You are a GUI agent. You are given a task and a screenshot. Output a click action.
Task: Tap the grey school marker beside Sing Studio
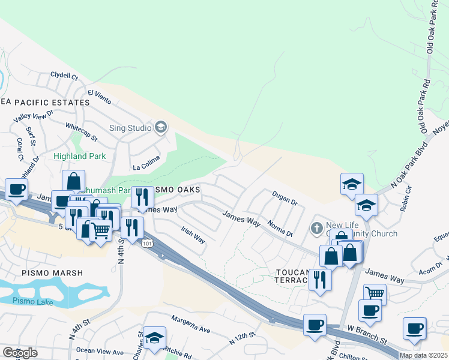coord(160,127)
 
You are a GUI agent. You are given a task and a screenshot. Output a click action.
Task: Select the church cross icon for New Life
coord(318,228)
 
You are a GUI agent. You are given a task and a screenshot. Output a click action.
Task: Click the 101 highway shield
coord(148,242)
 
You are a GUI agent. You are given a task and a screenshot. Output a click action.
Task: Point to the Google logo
coord(20,353)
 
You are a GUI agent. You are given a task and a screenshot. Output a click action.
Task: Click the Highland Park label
coord(79,156)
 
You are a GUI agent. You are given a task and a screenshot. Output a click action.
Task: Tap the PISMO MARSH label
coord(44,273)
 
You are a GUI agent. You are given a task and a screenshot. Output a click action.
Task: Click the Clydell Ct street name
coord(64,77)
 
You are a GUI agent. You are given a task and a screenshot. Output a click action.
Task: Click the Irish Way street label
coord(193,234)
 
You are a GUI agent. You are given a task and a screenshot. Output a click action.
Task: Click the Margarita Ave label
coord(190,325)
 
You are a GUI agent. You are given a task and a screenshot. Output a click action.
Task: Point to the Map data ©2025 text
coord(423,355)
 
